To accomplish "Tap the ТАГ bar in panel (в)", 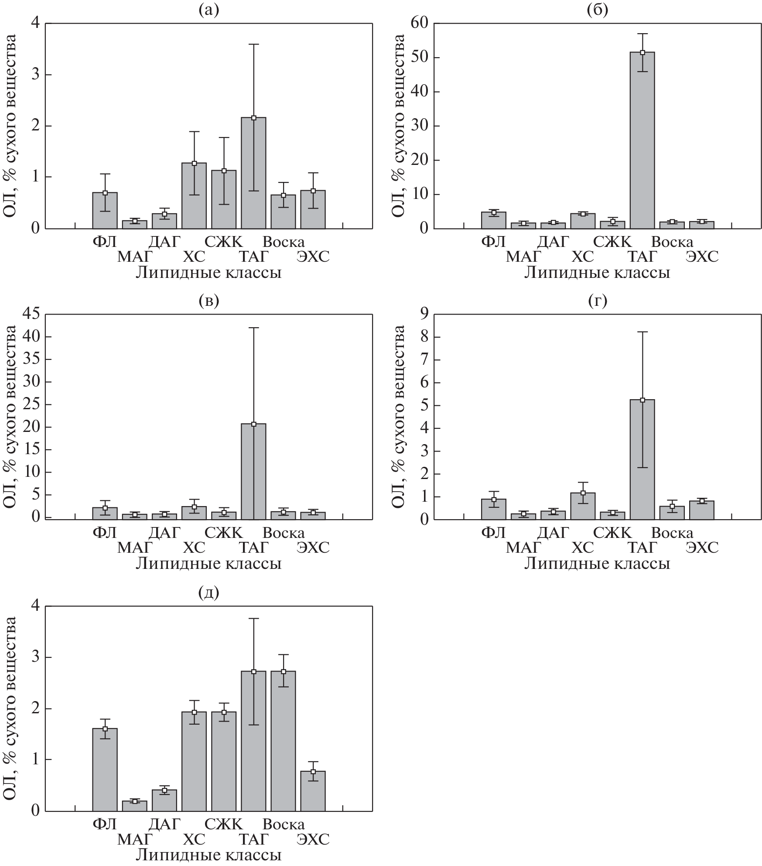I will click(253, 471).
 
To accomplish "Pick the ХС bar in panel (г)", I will click(583, 506).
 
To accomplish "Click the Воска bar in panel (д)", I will click(283, 741).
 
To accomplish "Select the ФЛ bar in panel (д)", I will click(105, 770).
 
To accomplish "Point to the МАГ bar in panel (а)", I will click(134, 224).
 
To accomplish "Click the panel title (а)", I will click(208, 9).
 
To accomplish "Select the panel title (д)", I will click(208, 592).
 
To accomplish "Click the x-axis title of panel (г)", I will click(597, 564).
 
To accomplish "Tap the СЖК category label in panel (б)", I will click(612, 241).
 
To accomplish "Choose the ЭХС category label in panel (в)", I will click(313, 547).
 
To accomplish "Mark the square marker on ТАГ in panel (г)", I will click(642, 400).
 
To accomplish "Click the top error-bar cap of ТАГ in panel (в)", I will click(253, 328).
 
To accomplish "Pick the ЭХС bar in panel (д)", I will click(313, 791).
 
